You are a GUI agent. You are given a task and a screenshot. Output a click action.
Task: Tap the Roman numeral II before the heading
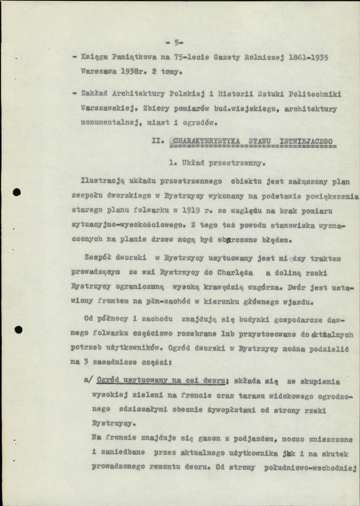(157, 141)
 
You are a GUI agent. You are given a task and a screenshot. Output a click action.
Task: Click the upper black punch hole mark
(17, 193)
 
